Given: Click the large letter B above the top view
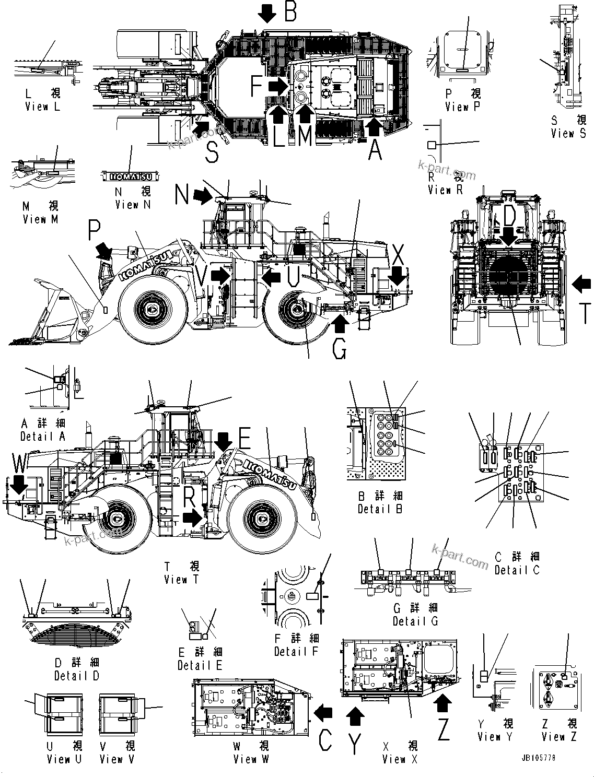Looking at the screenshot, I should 290,11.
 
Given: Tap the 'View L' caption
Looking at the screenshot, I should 43,107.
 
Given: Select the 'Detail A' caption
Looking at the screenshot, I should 43,436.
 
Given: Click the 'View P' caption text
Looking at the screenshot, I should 463,107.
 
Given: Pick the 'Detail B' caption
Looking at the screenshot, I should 380,509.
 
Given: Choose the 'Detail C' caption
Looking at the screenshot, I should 517,570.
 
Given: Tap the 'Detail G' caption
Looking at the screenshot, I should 415,621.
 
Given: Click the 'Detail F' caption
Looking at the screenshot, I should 296,651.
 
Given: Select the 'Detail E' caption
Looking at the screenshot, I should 200,665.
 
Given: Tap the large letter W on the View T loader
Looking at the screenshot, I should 20,463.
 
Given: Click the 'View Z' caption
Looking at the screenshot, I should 559,737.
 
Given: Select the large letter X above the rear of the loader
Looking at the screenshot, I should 398,256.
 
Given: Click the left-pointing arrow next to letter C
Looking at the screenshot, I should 324,711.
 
